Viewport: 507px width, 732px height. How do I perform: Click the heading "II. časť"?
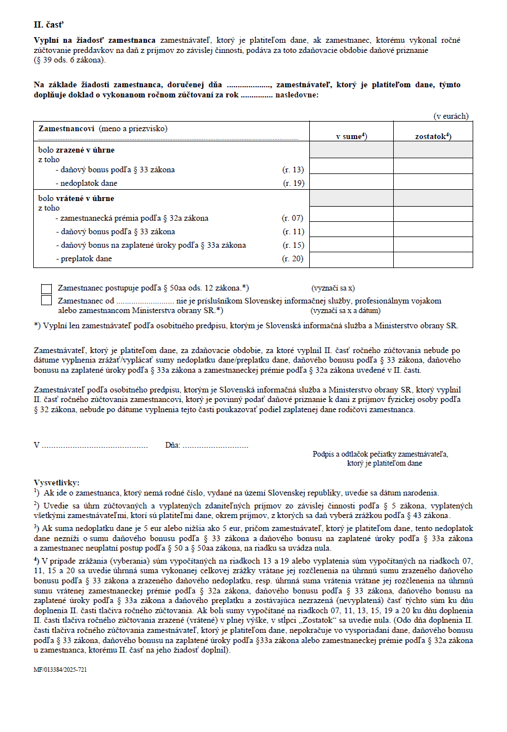[49, 25]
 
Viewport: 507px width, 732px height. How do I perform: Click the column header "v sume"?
[351, 136]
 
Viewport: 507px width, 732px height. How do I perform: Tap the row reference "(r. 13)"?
[293, 169]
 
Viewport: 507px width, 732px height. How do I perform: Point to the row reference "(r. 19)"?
[293, 183]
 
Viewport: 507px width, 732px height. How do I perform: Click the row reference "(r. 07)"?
[293, 218]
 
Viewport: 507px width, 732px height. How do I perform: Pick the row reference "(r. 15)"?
[293, 245]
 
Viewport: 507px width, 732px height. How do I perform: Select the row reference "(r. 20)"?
[293, 258]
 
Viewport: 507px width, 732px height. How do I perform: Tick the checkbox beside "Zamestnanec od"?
[47, 300]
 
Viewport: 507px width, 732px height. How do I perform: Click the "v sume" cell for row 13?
[351, 167]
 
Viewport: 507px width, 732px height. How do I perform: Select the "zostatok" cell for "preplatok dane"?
[433, 260]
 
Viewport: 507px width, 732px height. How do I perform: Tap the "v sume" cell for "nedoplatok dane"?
[351, 182]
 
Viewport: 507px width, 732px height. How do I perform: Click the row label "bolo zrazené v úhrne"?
[76, 150]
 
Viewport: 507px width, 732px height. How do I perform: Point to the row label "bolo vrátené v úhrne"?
[76, 199]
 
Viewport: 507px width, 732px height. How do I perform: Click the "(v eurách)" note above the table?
[451, 116]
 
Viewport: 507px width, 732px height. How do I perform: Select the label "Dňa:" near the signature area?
[172, 445]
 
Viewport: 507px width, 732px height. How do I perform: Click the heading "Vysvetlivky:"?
[57, 483]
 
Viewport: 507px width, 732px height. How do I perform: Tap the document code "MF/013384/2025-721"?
[60, 670]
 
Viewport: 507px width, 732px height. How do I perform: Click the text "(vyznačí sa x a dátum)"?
[345, 310]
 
